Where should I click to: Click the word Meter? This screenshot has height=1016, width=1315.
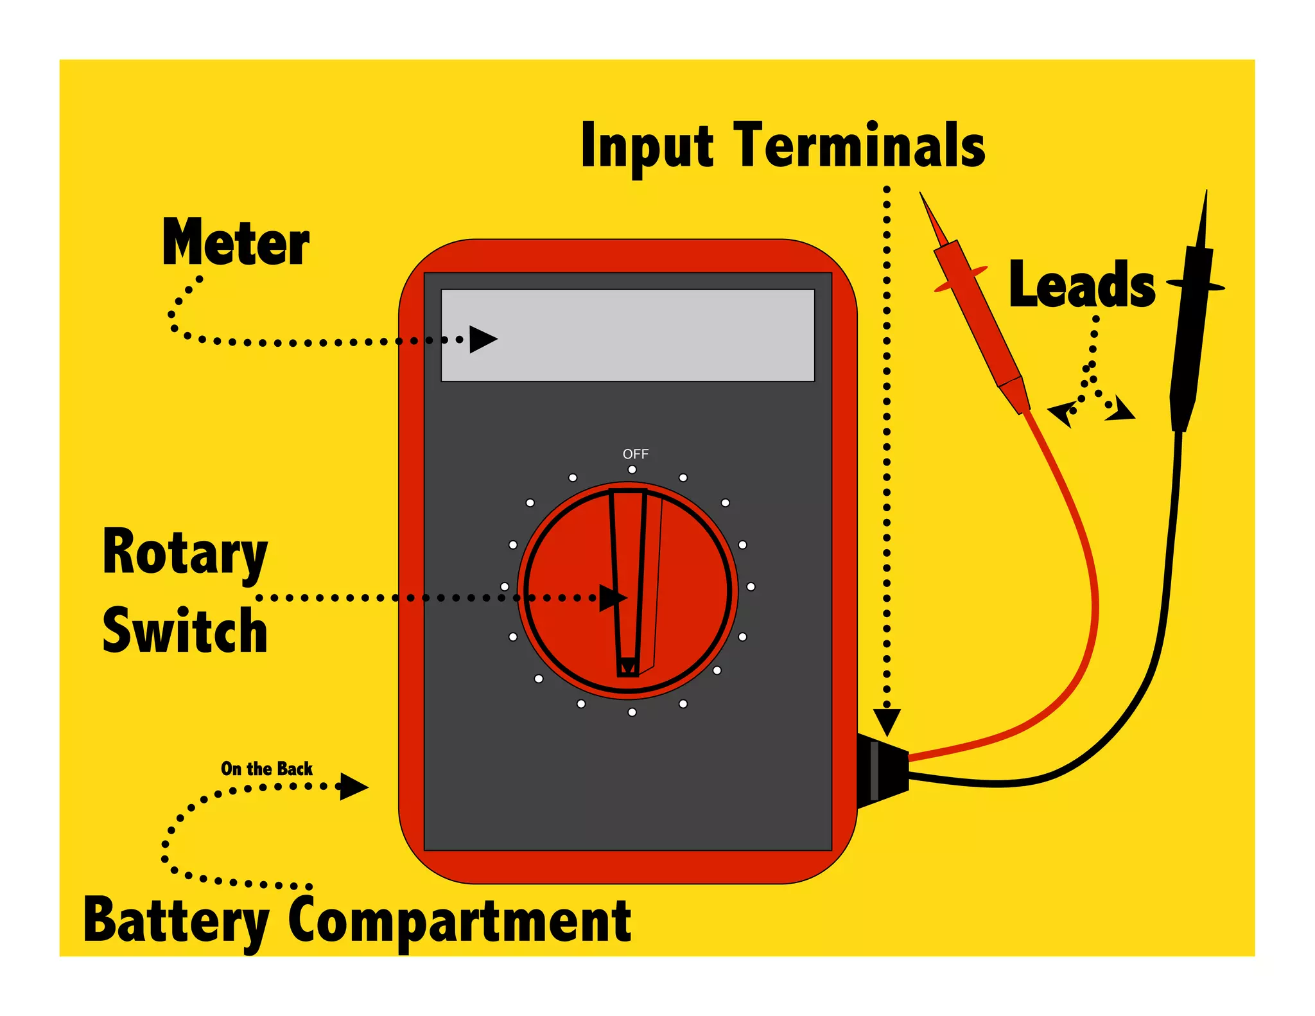[x=236, y=243]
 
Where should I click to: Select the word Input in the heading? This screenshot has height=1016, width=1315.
[x=647, y=146]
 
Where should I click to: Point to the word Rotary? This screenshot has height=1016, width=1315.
[x=185, y=554]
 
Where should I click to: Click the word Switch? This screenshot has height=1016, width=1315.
[x=185, y=632]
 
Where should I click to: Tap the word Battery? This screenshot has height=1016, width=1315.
[x=176, y=921]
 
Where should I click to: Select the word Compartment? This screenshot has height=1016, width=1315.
[x=460, y=921]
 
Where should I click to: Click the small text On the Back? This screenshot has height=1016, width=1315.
[x=266, y=769]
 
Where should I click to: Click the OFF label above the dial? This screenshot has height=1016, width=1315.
[x=635, y=454]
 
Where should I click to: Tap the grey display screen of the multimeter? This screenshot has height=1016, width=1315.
[x=642, y=335]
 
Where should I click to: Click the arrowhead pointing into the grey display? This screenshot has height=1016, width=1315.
[x=482, y=339]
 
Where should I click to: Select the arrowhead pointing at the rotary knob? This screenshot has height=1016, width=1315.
[x=611, y=598]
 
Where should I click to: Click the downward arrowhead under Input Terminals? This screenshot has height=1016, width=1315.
[x=887, y=721]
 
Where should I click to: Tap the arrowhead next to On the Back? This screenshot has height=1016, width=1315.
[x=353, y=786]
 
